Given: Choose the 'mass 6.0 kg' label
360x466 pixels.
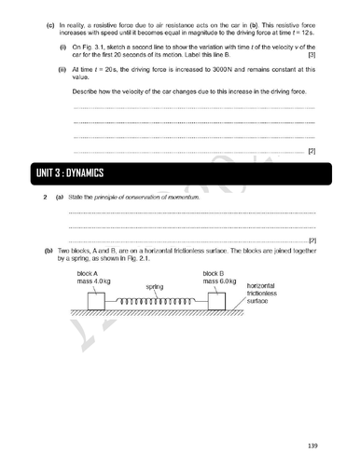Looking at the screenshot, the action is tap(219, 281).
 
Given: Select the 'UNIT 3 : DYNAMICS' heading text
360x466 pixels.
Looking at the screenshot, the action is tap(71, 174).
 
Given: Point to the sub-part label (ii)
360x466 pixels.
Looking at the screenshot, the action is tap(62, 68).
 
